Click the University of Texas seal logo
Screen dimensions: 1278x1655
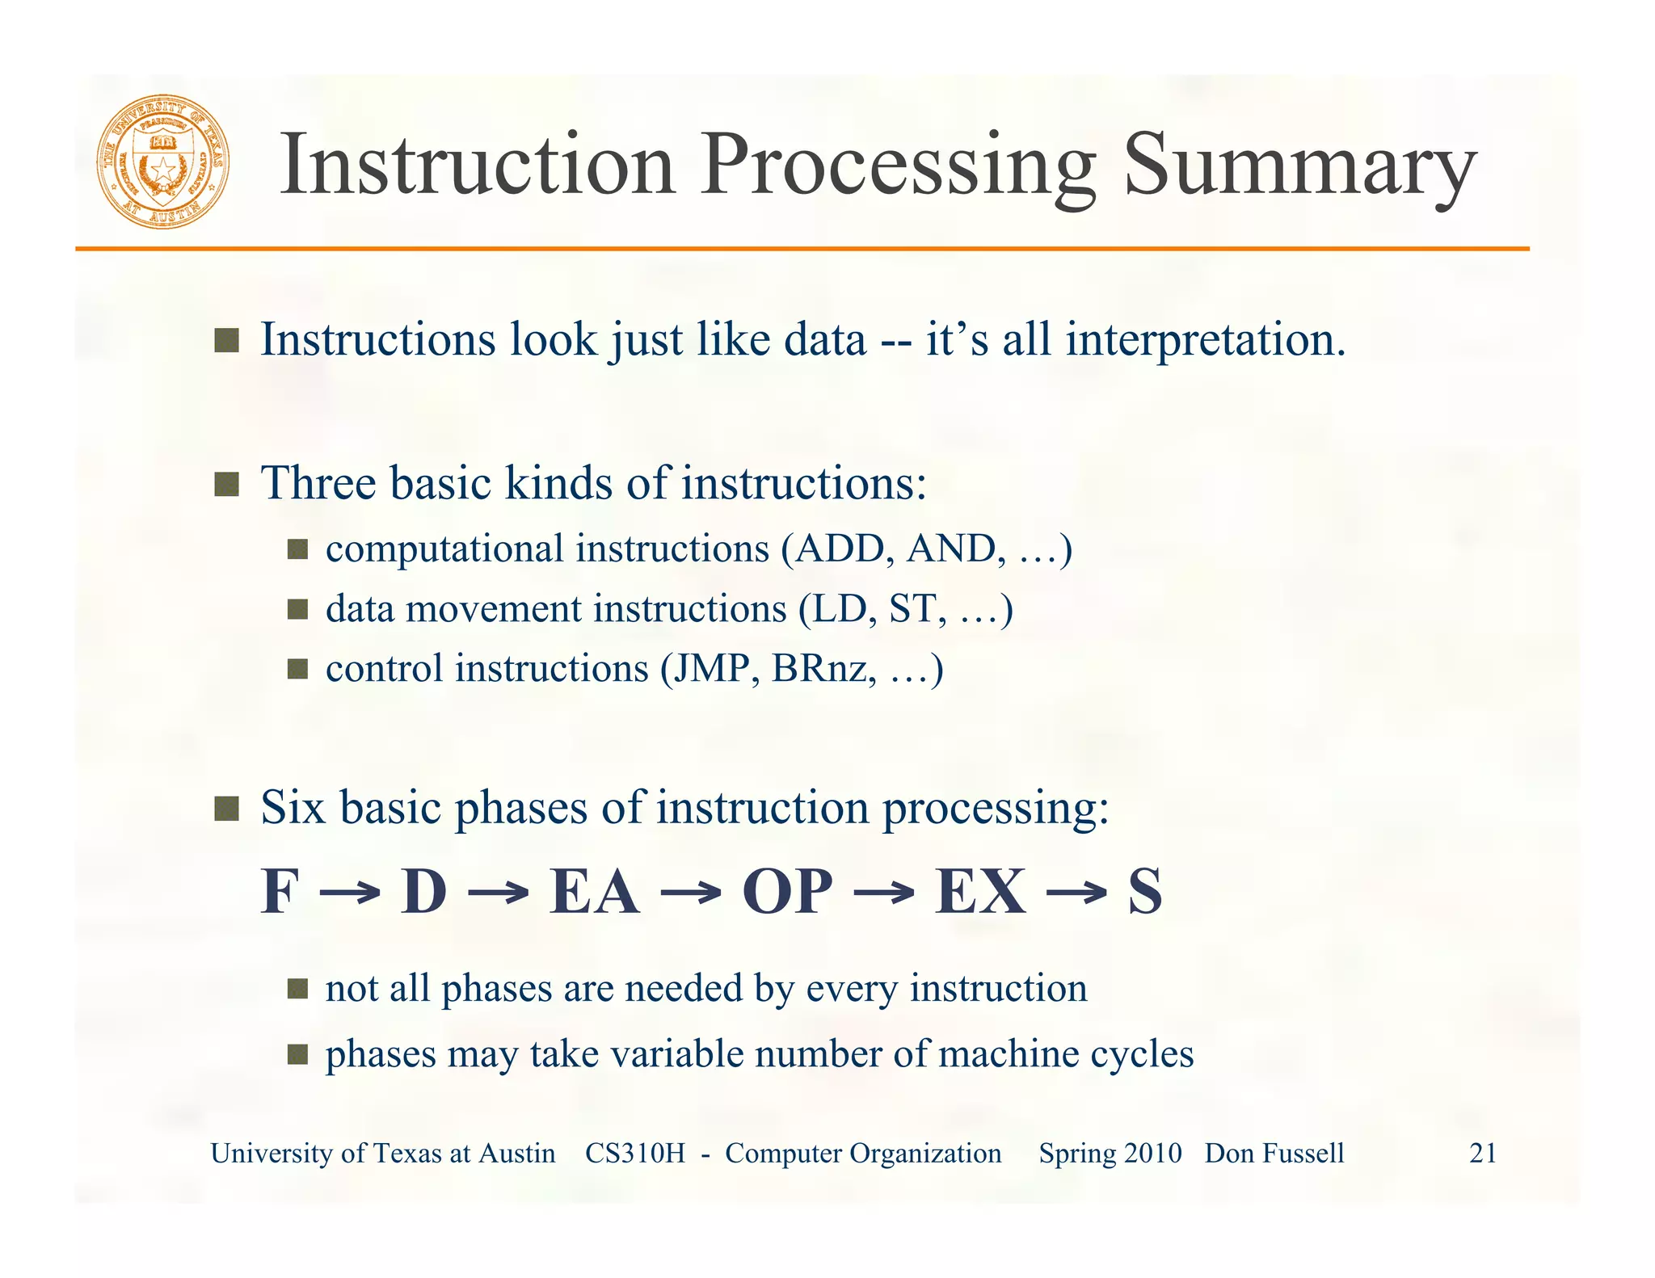163,162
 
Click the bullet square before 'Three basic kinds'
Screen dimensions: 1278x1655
226,485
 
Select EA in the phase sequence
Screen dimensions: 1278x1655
594,892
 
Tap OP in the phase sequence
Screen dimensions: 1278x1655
787,892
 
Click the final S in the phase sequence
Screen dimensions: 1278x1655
1145,892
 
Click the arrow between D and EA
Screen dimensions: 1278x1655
498,893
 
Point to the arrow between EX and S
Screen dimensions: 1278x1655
1076,893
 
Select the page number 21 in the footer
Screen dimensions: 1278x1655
1482,1154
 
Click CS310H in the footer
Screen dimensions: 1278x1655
634,1154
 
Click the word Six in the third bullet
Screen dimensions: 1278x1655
293,808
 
